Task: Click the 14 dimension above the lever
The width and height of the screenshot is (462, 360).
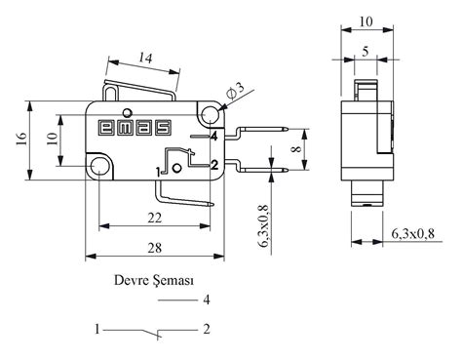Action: (x=144, y=60)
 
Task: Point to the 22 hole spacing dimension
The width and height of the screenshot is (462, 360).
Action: (x=154, y=217)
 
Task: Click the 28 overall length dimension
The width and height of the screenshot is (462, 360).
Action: (x=154, y=249)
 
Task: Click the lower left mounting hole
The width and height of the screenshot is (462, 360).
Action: (x=101, y=170)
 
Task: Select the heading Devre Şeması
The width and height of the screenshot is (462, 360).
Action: (x=154, y=280)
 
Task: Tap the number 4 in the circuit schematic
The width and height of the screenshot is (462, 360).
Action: (x=206, y=300)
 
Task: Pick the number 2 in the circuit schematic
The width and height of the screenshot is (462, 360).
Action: (x=206, y=330)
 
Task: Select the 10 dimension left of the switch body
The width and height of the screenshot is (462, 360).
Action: (x=50, y=140)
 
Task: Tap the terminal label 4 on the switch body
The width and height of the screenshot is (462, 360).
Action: (x=212, y=136)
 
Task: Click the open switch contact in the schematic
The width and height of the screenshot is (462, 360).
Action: (x=151, y=335)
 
